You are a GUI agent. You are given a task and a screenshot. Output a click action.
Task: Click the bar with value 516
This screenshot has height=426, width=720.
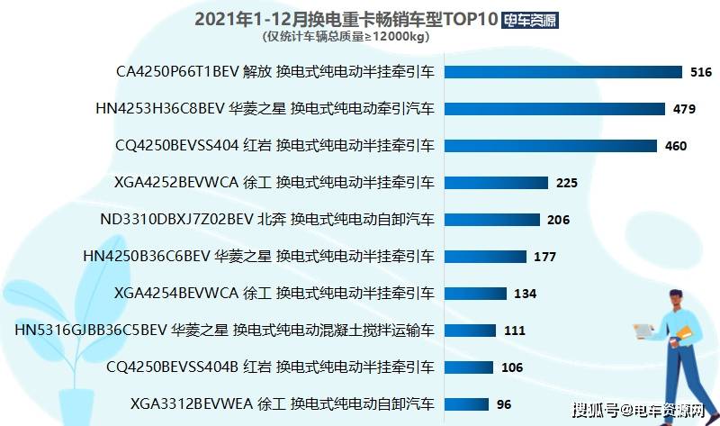pyautogui.click(x=563, y=72)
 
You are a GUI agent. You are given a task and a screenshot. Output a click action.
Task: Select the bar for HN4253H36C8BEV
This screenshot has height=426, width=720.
pyautogui.click(x=555, y=109)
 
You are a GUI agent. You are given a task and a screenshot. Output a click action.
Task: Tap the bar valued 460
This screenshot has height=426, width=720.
pyautogui.click(x=552, y=146)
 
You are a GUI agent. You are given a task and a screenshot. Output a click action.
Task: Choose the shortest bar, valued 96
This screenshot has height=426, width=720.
pyautogui.click(x=465, y=403)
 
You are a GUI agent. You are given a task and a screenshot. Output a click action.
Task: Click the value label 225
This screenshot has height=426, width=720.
pyautogui.click(x=567, y=183)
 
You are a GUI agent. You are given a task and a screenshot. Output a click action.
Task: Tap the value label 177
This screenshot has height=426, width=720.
pyautogui.click(x=545, y=257)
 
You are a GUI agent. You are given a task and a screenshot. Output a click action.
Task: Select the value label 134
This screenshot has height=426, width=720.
pyautogui.click(x=525, y=294)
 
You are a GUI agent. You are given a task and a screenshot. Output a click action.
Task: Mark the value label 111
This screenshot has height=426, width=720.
pyautogui.click(x=514, y=331)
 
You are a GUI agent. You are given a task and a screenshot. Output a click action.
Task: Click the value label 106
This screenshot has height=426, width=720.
pyautogui.click(x=512, y=367)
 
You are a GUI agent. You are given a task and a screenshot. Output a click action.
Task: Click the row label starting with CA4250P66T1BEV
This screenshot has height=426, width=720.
pyautogui.click(x=275, y=72)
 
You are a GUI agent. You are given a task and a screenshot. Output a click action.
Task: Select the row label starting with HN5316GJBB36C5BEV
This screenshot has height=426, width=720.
pyautogui.click(x=225, y=331)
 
